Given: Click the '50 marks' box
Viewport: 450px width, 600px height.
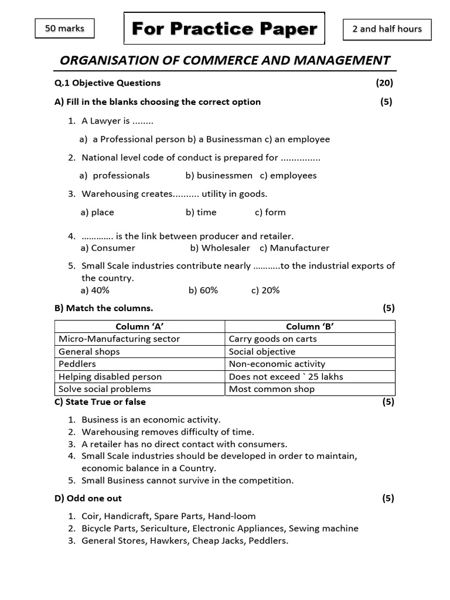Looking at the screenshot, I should pos(64,29).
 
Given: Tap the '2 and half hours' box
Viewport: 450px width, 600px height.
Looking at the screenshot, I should pos(387,29).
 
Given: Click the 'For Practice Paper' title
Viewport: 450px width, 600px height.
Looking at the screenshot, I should pos(224,28).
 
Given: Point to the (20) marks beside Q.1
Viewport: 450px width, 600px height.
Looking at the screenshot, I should pos(384,83).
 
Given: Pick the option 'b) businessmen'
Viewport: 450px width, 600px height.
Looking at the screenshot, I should pos(219,175).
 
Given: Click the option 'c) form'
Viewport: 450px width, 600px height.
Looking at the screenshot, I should pos(270,212).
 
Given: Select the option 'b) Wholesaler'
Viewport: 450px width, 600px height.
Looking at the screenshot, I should pos(220,248).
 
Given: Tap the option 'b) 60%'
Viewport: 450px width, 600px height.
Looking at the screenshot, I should pos(203,290).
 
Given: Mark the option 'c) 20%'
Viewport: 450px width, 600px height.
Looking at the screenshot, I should pos(265,290).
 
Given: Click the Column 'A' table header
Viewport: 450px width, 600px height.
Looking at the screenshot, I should pos(139,326).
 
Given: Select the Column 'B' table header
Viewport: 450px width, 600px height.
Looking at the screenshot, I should pos(310,326).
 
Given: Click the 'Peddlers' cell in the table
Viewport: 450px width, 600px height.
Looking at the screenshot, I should pos(77,364).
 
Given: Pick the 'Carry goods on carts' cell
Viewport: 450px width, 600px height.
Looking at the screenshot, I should pos(272,339).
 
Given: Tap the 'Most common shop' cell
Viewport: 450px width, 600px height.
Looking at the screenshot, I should pos(271,389).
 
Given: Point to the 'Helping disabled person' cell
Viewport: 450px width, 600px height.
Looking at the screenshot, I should pos(110,376).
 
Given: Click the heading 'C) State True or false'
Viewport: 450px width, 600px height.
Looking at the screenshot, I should pos(100,402).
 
